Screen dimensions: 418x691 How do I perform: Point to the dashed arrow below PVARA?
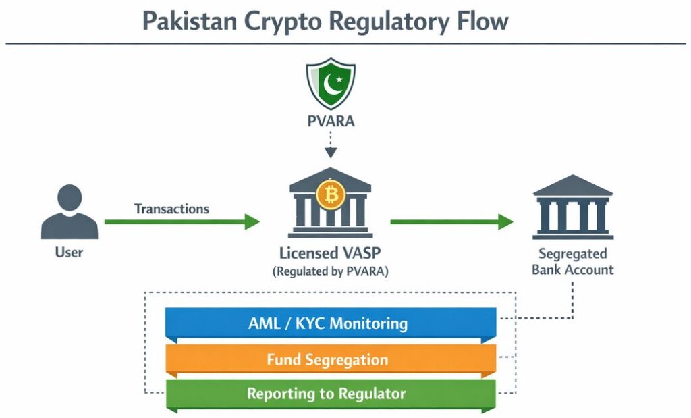330,146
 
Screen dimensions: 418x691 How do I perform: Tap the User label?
69,253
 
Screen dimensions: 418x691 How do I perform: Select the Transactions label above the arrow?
171,209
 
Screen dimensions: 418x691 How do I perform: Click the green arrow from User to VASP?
182,221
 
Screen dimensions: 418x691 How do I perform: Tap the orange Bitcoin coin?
331,194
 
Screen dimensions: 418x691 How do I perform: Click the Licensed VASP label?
331,254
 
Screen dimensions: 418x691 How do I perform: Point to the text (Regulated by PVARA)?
331,271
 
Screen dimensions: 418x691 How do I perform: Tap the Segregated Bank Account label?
572,262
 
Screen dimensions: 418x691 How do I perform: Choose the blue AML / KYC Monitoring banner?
331,323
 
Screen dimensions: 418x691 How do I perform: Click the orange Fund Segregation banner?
331,359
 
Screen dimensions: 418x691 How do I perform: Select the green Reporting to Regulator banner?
331,394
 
